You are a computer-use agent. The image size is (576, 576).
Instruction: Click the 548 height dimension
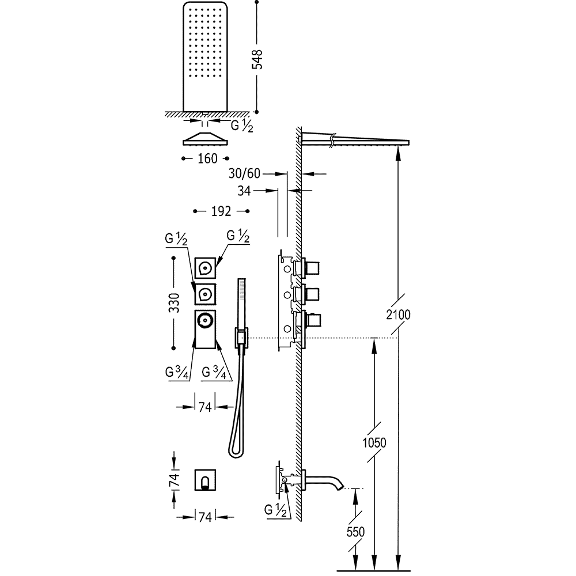[257, 59]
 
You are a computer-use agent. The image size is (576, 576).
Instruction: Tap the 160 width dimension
[207, 159]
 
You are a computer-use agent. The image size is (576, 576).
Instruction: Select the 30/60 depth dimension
[244, 173]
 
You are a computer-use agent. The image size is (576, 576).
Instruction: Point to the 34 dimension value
[244, 191]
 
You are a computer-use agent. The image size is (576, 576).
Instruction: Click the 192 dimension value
[221, 211]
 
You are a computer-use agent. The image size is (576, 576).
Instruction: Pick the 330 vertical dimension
[174, 303]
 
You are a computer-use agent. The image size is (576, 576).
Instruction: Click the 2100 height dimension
[399, 315]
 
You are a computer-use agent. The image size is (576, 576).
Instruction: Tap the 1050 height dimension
[374, 442]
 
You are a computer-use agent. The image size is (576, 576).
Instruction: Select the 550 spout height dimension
[355, 532]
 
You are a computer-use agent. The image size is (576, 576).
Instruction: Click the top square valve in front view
[205, 268]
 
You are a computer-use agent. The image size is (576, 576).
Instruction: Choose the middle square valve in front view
[205, 294]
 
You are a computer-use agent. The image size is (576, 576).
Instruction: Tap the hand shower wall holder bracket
[241, 338]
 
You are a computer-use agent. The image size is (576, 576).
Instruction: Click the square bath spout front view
[205, 480]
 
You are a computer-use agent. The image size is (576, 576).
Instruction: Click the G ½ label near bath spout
[275, 510]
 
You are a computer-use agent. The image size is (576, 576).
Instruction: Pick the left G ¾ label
[177, 373]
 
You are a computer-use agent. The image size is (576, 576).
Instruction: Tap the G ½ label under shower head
[242, 126]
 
